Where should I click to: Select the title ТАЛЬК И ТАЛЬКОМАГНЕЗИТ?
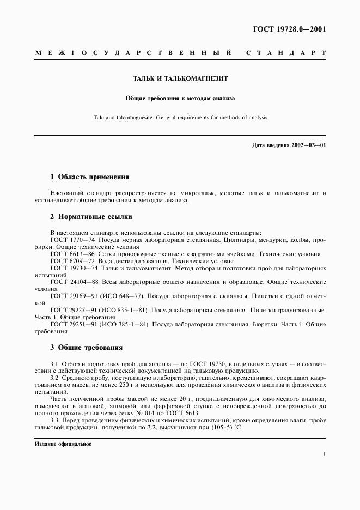[x=180, y=78]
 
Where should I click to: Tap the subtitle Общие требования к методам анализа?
[x=180, y=98]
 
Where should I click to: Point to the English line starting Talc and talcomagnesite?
[x=180, y=117]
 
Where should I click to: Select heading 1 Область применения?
[x=89, y=177]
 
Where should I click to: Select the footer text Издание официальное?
[x=63, y=444]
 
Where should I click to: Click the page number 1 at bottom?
[x=324, y=454]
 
